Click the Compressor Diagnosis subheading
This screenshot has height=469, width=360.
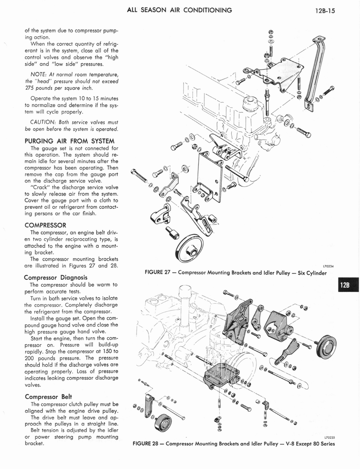[x=55, y=277]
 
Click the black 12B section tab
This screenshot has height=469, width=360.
[x=347, y=285]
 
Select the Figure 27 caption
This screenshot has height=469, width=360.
[x=235, y=273]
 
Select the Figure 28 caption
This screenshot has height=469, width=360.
[x=234, y=443]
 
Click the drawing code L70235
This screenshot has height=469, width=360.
[x=328, y=437]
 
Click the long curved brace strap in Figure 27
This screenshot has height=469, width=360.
[x=316, y=73]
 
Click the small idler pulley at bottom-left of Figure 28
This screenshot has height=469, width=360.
[x=163, y=422]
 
